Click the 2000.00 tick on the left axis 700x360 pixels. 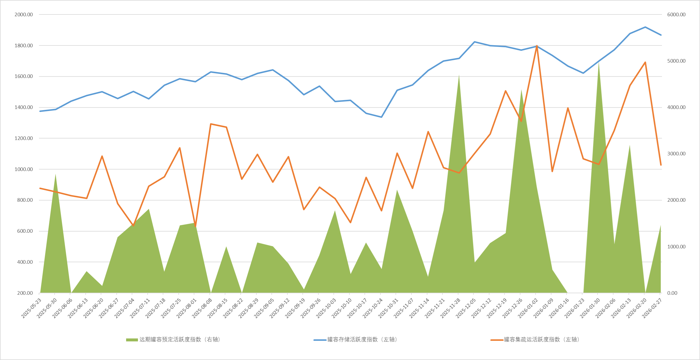[x=24, y=14]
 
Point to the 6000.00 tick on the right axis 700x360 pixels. [x=676, y=14]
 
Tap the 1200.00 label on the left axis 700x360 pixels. [x=24, y=138]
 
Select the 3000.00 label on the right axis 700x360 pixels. [x=676, y=154]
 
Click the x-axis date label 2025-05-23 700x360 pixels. [x=31, y=308]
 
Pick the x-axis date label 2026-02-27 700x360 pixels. [x=652, y=308]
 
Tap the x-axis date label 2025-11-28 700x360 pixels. [x=450, y=308]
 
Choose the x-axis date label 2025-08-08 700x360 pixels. [x=202, y=308]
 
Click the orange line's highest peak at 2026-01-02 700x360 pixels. [x=537, y=46]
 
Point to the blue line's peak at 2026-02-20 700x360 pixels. [x=645, y=27]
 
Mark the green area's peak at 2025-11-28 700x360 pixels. [x=459, y=76]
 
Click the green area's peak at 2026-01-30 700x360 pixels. [x=599, y=63]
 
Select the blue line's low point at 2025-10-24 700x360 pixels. [x=381, y=117]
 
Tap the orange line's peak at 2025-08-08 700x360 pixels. [x=211, y=124]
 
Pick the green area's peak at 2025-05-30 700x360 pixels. [x=56, y=174]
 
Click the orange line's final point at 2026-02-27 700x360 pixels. [x=661, y=165]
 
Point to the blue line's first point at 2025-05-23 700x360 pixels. [x=40, y=111]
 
